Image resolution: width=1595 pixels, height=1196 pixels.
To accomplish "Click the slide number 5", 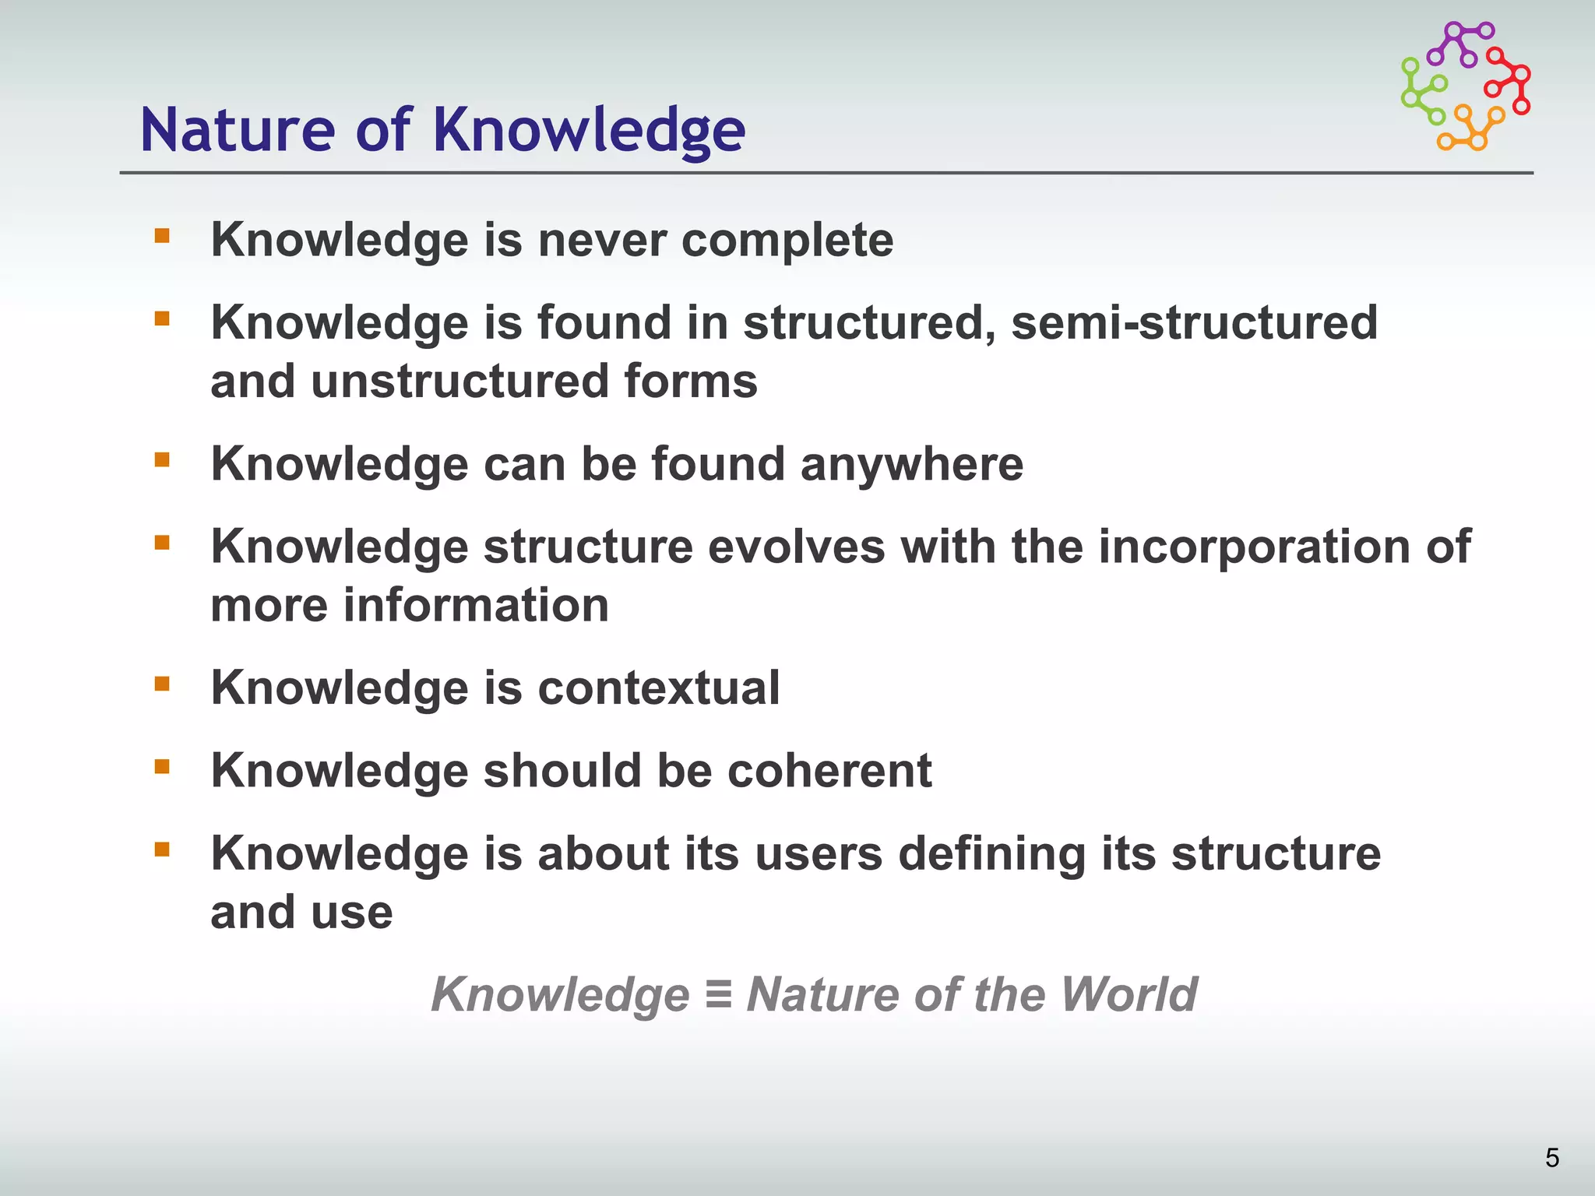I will (x=1551, y=1158).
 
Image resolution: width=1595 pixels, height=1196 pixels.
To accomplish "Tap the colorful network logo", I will (x=1465, y=86).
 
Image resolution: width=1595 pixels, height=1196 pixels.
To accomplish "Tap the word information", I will (x=476, y=606).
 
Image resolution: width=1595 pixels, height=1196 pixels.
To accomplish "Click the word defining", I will (x=991, y=854).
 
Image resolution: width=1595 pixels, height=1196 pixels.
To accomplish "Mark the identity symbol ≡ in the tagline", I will (x=717, y=995).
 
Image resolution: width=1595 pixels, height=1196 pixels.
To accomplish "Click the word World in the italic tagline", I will (x=1128, y=994).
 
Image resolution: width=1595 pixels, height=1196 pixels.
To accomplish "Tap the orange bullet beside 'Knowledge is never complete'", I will (x=162, y=236).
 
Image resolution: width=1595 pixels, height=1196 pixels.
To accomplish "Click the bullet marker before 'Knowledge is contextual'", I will (x=162, y=684).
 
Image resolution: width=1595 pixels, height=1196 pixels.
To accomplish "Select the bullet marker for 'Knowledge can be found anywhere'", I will (x=162, y=460).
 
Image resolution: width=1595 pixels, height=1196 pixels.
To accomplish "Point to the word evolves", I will (x=796, y=547).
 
